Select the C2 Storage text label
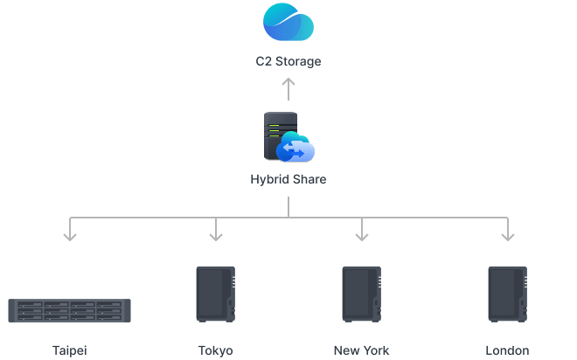pyautogui.click(x=288, y=62)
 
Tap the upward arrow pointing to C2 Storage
pyautogui.click(x=288, y=88)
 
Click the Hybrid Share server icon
pyautogui.click(x=281, y=136)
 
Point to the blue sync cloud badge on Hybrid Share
pyautogui.click(x=295, y=150)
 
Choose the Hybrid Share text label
pyautogui.click(x=288, y=180)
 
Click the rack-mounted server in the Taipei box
pyautogui.click(x=70, y=310)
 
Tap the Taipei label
pyautogui.click(x=70, y=350)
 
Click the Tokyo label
pyautogui.click(x=216, y=350)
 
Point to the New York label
pyautogui.click(x=361, y=350)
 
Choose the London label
pyautogui.click(x=507, y=350)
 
